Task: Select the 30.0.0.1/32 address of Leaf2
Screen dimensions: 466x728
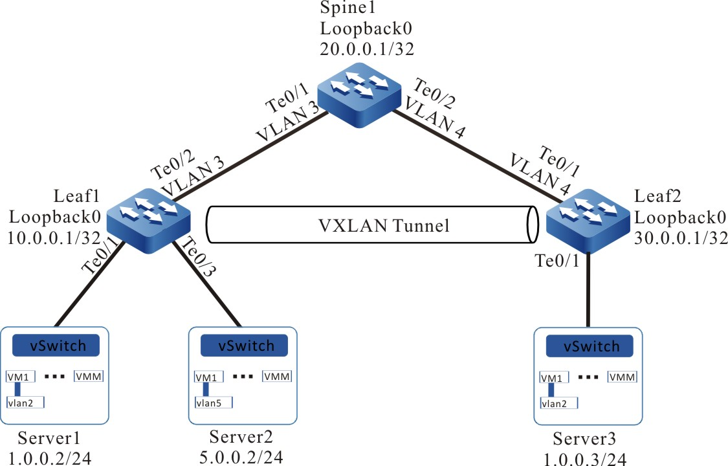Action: (x=679, y=238)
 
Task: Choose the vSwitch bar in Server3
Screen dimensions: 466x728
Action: (x=588, y=346)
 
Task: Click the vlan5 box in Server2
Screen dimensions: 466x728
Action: (x=213, y=403)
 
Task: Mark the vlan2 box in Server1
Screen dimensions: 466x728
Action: (x=25, y=403)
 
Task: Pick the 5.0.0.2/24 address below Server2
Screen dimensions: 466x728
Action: (x=242, y=458)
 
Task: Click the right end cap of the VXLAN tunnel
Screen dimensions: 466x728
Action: (x=533, y=225)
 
